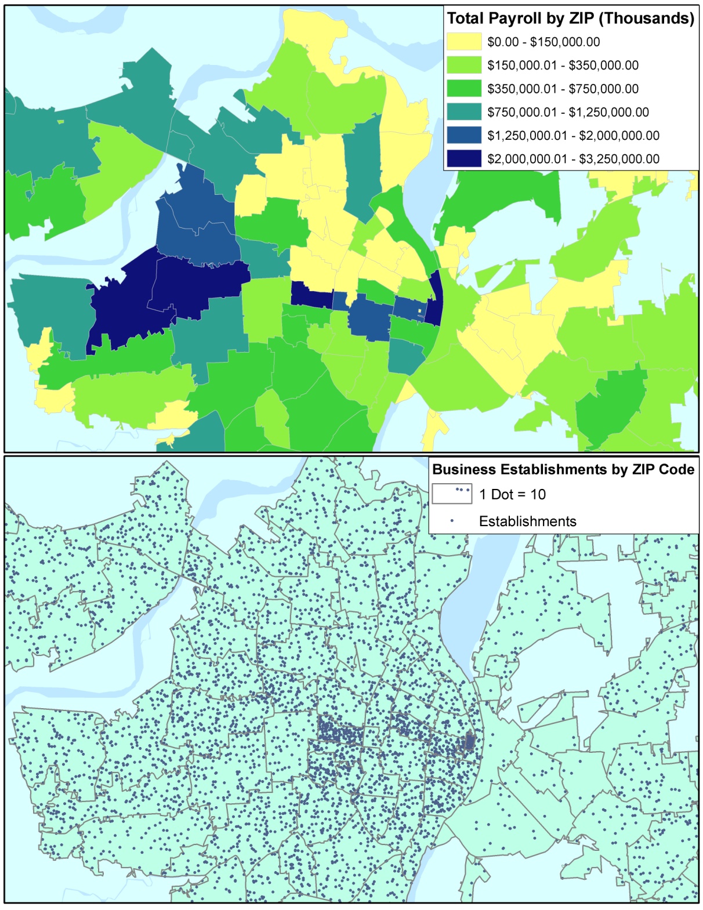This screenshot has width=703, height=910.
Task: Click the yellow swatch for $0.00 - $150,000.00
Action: (x=464, y=42)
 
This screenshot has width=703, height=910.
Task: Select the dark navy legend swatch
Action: (x=464, y=158)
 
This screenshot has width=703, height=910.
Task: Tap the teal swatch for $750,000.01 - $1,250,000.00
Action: (x=464, y=112)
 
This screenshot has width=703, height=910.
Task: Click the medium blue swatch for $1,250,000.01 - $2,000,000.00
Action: (x=464, y=135)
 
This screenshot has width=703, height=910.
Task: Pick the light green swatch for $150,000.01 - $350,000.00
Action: (x=464, y=65)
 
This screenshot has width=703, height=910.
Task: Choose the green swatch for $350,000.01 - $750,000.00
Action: (x=464, y=89)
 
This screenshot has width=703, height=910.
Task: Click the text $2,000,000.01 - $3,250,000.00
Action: (x=573, y=159)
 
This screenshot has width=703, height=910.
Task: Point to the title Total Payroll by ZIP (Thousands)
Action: (x=570, y=19)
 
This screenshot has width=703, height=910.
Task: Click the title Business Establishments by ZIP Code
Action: (x=563, y=469)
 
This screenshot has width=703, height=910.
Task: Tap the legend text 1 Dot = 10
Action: (x=512, y=495)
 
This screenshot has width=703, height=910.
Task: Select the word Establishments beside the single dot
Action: (x=527, y=521)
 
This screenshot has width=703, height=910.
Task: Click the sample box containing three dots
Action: (x=451, y=494)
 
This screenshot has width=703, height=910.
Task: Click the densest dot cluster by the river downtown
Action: (x=470, y=742)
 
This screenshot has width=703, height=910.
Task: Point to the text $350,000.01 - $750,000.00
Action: (x=563, y=89)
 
